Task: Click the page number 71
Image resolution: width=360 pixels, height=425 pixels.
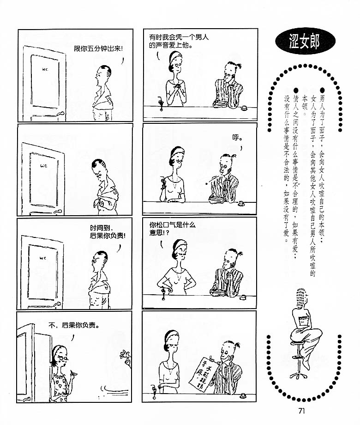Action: pos(301,411)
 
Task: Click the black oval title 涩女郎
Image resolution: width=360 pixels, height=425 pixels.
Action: pos(305,41)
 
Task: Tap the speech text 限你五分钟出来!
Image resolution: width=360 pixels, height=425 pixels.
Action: pos(98,49)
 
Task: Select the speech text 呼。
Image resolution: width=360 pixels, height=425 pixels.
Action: pos(237,138)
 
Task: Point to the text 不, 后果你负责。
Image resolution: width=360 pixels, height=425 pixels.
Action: pos(74,325)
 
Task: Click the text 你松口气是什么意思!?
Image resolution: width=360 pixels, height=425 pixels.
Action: pos(172,229)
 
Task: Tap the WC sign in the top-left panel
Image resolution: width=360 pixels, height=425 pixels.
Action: pos(45,69)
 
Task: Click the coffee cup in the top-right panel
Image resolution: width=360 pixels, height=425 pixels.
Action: pos(244,109)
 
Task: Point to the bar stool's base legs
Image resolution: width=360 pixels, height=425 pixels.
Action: pos(298,376)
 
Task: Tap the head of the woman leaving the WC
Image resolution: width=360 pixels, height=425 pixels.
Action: pos(60,354)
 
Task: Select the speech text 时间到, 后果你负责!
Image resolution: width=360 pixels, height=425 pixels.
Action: pos(108,232)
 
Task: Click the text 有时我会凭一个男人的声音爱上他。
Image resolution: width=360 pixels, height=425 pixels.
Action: pos(179,41)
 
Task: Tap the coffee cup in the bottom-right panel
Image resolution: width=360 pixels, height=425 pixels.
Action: pos(244,396)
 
